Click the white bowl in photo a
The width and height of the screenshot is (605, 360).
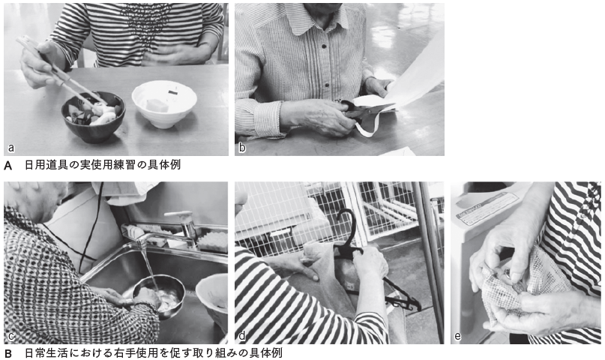tap(164, 103)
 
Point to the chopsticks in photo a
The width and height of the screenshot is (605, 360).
tap(61, 70)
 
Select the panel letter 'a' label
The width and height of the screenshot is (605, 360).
tap(10, 148)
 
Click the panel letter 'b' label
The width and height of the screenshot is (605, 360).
tap(242, 148)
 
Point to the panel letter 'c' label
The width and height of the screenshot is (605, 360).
tap(10, 336)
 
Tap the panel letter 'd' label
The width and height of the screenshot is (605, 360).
tap(242, 336)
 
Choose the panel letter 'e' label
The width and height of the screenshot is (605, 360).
tap(457, 336)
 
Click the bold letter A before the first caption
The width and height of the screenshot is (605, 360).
tap(7, 166)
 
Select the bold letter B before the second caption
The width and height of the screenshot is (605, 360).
tap(7, 353)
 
